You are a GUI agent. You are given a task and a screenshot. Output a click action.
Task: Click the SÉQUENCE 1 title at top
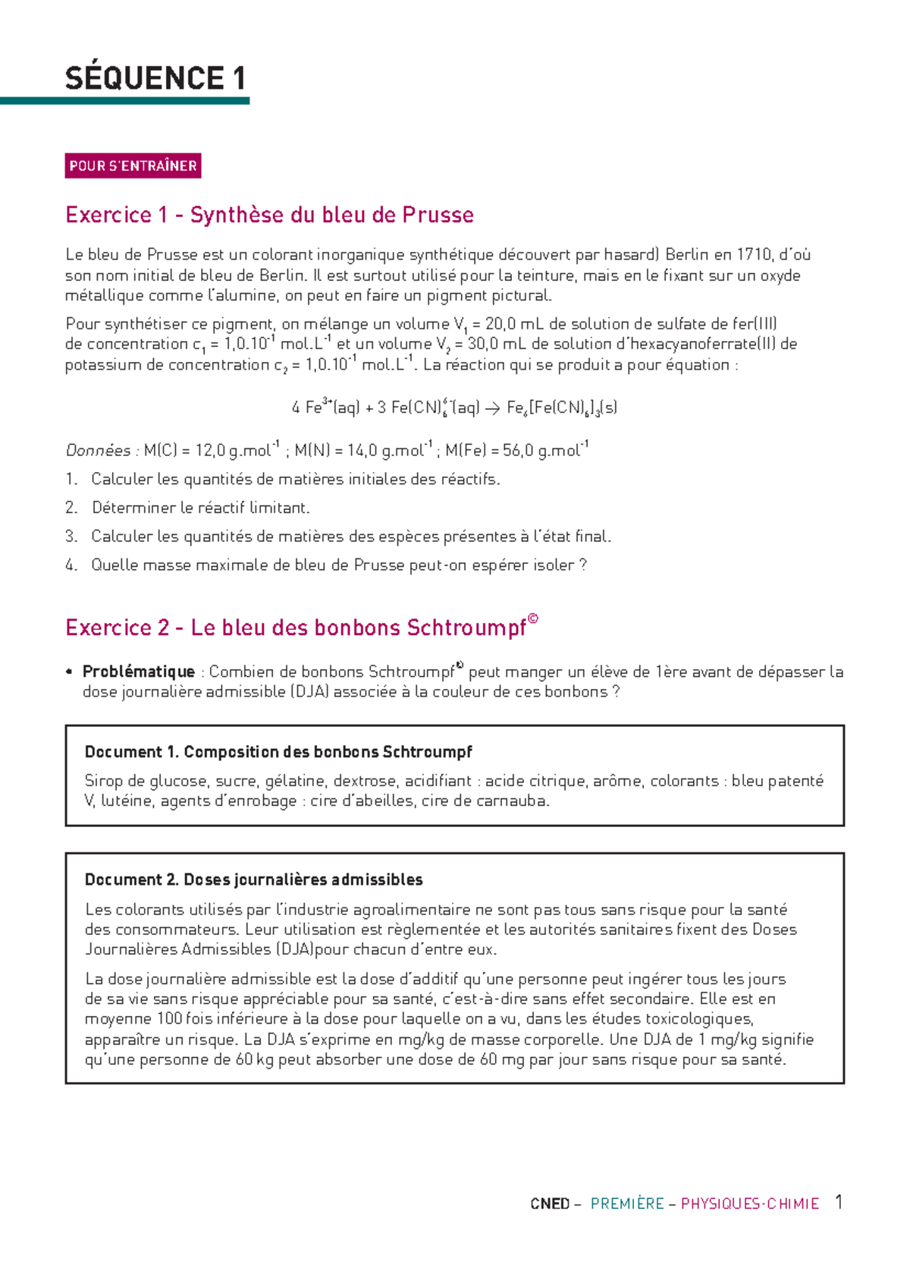[x=155, y=78]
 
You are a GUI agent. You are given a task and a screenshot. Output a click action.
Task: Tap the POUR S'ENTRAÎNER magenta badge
[x=133, y=165]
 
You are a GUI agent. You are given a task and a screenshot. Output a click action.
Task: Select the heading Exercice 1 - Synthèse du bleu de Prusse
[x=269, y=215]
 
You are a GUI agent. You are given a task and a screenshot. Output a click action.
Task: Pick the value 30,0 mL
[x=497, y=344]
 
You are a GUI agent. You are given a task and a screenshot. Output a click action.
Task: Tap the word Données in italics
[x=99, y=451]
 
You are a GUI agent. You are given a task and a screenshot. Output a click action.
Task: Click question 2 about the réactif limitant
[x=200, y=508]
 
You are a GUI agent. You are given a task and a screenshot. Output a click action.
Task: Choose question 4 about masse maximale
[x=338, y=565]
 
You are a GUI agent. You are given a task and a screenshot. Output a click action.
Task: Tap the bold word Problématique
[x=138, y=672]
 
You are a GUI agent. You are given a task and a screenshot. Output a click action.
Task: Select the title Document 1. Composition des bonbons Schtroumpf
[x=278, y=752]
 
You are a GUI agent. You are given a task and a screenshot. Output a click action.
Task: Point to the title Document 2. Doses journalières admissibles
[x=253, y=880]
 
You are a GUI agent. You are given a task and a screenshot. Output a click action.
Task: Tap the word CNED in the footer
[x=550, y=1204]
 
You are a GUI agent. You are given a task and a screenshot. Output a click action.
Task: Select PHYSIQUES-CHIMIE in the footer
[x=749, y=1204]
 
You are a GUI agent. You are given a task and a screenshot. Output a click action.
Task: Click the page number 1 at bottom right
[x=839, y=1202]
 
